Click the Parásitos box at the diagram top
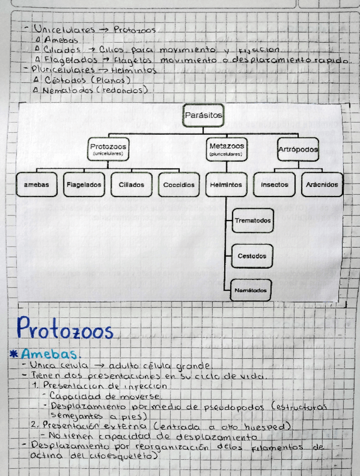click(x=203, y=116)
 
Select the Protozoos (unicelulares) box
click(x=108, y=149)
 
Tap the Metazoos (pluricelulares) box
click(x=226, y=149)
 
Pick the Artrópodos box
click(x=298, y=149)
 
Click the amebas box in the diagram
click(x=37, y=184)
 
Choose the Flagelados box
click(x=84, y=184)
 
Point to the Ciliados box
click(x=131, y=184)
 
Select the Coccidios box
click(x=179, y=184)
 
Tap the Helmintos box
click(x=226, y=184)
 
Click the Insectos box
click(x=275, y=184)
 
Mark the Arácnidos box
click(x=322, y=184)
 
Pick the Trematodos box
click(x=252, y=220)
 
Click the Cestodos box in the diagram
click(x=252, y=255)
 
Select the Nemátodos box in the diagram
click(x=251, y=291)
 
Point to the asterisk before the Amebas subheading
click(x=13, y=354)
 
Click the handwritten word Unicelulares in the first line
click(x=64, y=29)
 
